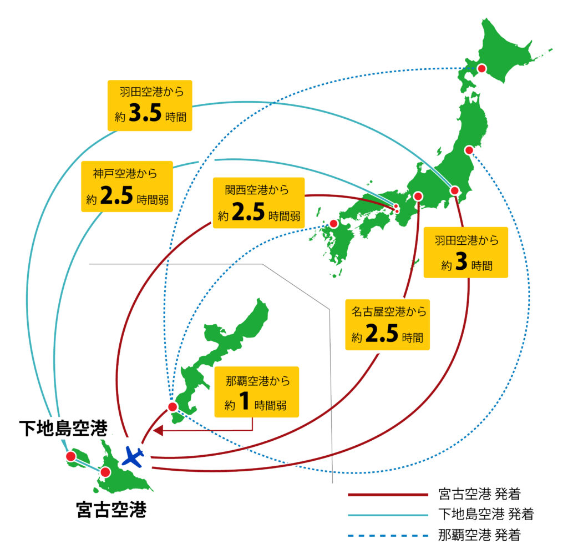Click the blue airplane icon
click(x=133, y=456)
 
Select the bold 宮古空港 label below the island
click(x=111, y=509)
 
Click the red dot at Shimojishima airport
click(x=70, y=456)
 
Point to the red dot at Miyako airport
click(x=105, y=472)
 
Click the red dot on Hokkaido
click(x=482, y=68)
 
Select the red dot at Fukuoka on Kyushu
click(x=333, y=223)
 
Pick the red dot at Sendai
click(x=469, y=150)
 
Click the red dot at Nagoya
click(x=418, y=197)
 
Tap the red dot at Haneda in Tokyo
click(x=454, y=191)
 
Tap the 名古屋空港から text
click(x=389, y=311)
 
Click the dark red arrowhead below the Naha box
click(x=158, y=430)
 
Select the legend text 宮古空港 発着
click(x=478, y=493)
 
